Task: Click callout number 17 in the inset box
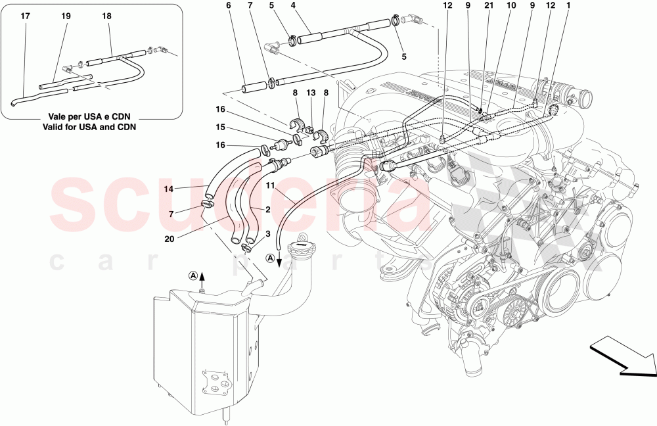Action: [x=25, y=14]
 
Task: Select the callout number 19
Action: [x=66, y=14]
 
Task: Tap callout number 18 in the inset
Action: [x=107, y=14]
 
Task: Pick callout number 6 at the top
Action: [x=229, y=7]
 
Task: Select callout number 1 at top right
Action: [x=568, y=7]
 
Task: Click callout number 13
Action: [x=311, y=94]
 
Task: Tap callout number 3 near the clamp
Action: [x=267, y=234]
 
